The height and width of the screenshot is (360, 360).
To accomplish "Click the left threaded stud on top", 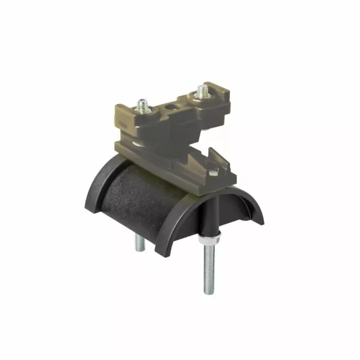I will click(x=143, y=104).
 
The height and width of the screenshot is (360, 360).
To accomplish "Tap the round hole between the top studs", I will click(x=172, y=104).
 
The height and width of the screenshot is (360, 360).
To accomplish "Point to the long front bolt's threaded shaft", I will click(x=209, y=266).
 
